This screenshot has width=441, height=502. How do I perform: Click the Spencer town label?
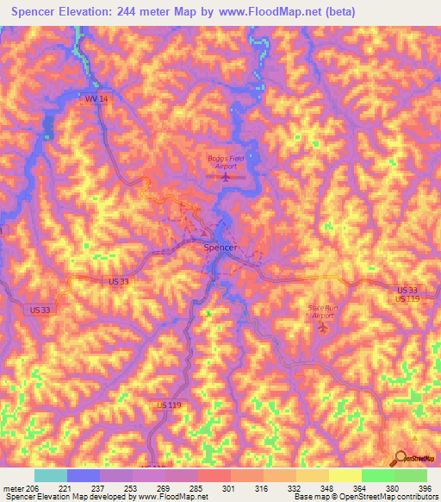[x=220, y=248]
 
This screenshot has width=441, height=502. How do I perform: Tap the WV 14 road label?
[x=96, y=100]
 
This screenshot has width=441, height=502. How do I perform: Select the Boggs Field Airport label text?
[x=225, y=161]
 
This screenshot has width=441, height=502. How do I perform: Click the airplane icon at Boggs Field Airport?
[x=226, y=177]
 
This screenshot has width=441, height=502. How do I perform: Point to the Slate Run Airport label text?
[x=322, y=311]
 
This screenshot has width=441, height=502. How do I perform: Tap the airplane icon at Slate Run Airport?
[x=323, y=327]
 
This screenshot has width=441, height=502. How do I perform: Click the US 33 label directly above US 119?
[x=408, y=290]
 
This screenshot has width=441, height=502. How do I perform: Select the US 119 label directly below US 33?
[x=407, y=299]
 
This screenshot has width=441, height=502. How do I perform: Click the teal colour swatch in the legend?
[x=50, y=475]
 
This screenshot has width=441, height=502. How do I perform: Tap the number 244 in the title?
[x=143, y=13]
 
